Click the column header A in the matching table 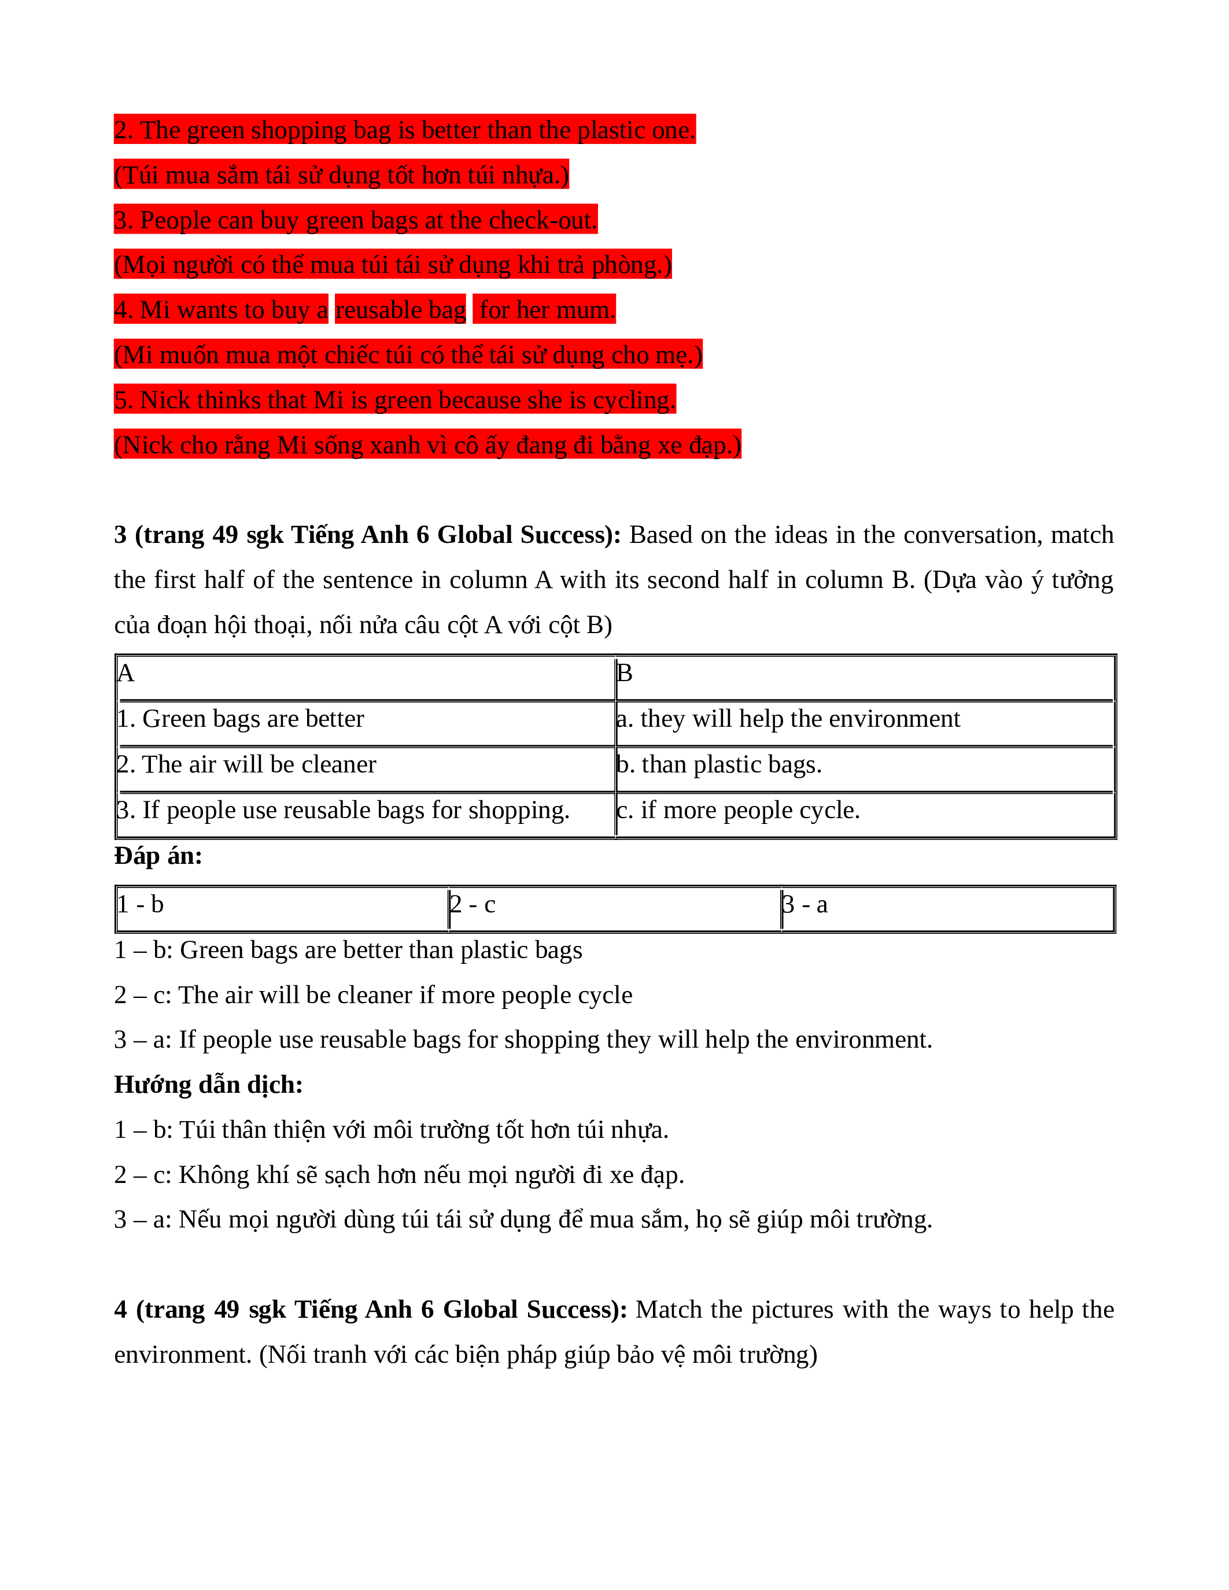[126, 674]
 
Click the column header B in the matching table [625, 674]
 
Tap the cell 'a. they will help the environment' [788, 719]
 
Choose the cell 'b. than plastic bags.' [719, 765]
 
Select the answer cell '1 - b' [141, 905]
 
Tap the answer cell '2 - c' [473, 905]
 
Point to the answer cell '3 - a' [804, 905]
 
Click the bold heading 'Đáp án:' [158, 856]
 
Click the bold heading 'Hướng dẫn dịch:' [208, 1085]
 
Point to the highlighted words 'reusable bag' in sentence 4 [400, 310]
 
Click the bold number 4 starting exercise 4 [120, 1310]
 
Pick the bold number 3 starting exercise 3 [120, 535]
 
